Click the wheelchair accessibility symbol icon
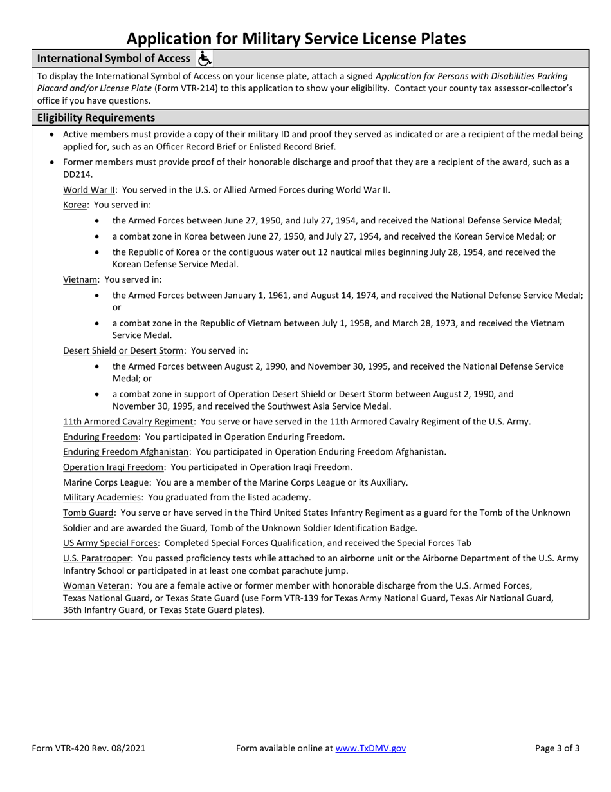(x=205, y=58)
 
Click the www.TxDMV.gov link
(x=370, y=748)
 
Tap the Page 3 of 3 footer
(x=557, y=748)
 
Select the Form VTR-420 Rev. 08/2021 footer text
(x=89, y=748)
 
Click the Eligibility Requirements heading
(x=96, y=118)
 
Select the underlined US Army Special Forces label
(x=110, y=543)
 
